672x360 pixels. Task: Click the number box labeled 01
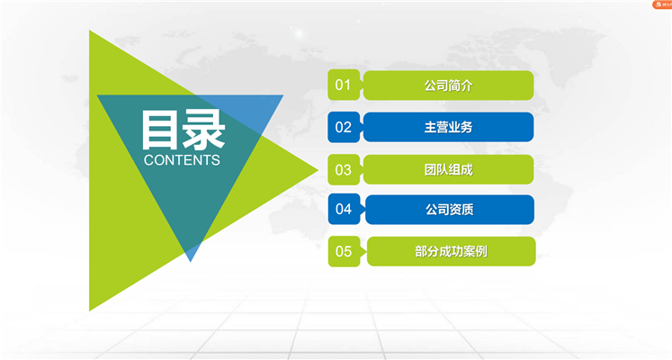coord(344,85)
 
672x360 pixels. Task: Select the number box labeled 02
coord(344,127)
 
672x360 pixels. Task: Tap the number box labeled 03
coord(344,170)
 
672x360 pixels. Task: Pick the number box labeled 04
coord(344,209)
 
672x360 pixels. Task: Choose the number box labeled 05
coord(344,251)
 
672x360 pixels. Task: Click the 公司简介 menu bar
coord(448,85)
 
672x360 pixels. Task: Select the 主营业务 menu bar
coord(448,127)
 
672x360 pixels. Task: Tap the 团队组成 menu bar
coord(448,170)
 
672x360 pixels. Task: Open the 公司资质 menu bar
coord(450,210)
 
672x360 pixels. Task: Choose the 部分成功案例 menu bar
coord(452,251)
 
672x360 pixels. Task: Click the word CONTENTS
coord(182,160)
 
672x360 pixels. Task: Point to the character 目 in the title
coord(159,130)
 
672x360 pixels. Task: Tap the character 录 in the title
coord(203,130)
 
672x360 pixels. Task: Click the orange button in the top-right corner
coord(662,4)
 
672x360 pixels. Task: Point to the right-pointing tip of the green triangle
coord(318,170)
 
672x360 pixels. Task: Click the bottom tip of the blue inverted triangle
coord(191,261)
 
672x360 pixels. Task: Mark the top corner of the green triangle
coord(90,31)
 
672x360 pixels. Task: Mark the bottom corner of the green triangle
coord(90,310)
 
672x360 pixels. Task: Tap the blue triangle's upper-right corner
coord(282,95)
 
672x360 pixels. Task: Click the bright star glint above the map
coord(300,33)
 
